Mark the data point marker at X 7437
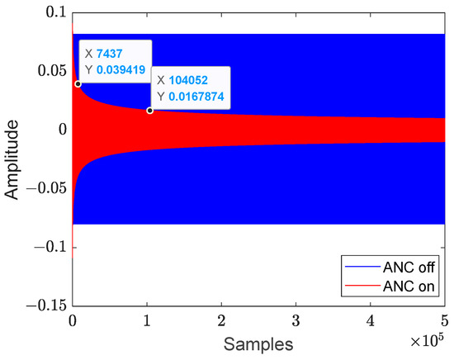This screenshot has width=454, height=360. (78, 83)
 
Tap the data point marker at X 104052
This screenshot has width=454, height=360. (149, 110)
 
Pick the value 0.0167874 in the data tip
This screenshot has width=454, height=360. (197, 97)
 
